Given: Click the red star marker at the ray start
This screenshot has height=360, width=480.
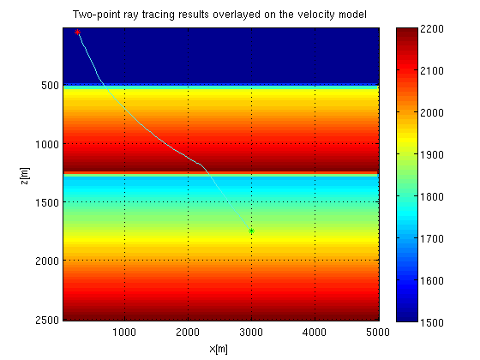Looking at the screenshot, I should point(77,32).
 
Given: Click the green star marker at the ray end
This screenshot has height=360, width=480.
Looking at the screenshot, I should point(251,231).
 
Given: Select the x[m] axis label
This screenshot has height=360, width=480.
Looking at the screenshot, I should point(220,349).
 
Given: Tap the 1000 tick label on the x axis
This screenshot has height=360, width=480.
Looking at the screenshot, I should point(125,330).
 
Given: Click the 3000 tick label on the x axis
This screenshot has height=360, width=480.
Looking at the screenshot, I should point(251,330).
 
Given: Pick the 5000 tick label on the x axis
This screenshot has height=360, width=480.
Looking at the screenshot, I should point(377,330).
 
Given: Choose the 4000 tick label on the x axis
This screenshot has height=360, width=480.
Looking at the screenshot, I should point(315,330).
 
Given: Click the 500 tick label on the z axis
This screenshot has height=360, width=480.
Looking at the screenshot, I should point(48,86).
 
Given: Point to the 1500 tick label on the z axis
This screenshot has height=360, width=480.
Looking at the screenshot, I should point(45,202).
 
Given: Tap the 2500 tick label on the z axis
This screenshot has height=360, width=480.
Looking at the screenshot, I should point(45,319).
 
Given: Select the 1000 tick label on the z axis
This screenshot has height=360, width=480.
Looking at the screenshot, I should point(45,144).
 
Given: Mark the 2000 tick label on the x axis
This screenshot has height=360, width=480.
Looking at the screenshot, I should point(189,330).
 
